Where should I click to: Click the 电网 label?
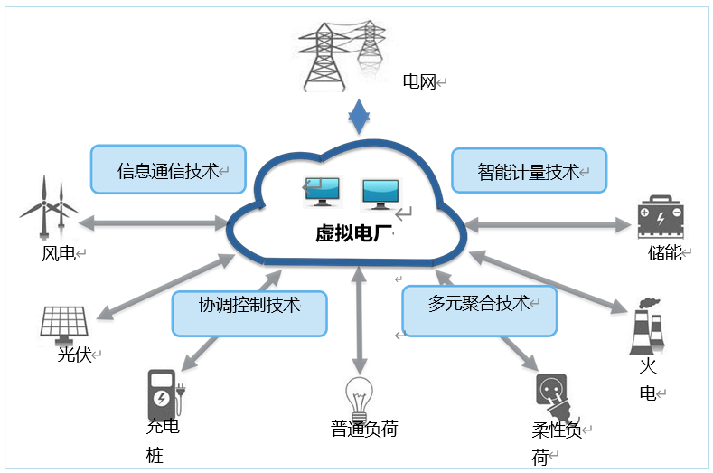point(419,82)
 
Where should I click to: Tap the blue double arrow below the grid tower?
point(360,115)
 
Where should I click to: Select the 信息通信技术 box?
point(168,169)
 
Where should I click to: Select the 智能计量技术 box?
point(529,170)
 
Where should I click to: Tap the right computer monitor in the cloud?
point(380,192)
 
